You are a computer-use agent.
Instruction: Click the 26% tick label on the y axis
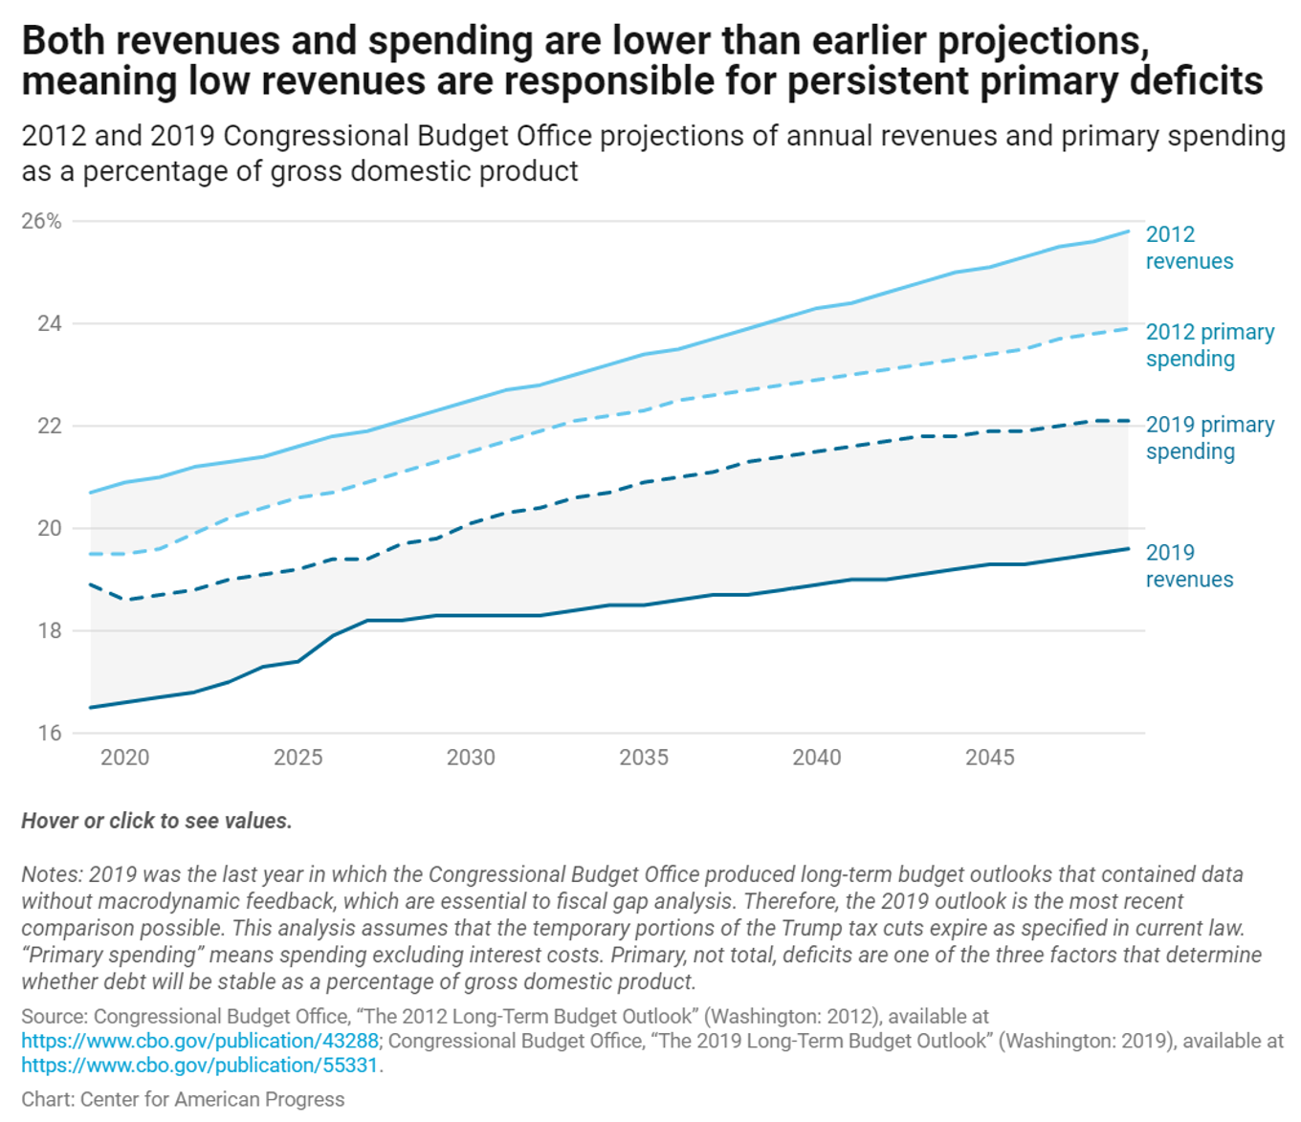[41, 221]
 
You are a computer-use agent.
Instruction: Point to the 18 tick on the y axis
[49, 630]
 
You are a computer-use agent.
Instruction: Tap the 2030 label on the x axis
[471, 758]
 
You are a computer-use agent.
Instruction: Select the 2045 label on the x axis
[989, 758]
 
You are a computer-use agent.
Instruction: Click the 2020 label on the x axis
[124, 758]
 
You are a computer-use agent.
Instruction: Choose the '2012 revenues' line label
[1189, 248]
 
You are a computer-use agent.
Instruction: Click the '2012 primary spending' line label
[1210, 345]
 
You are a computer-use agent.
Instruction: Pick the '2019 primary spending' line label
[1210, 437]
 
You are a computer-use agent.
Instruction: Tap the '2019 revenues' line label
[1189, 565]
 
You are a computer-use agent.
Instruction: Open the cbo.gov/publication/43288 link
[200, 1041]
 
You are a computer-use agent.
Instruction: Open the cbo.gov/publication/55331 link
[200, 1066]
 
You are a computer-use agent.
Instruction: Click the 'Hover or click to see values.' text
[157, 821]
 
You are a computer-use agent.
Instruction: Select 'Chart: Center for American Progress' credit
[183, 1099]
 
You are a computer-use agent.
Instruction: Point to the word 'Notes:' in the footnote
[52, 874]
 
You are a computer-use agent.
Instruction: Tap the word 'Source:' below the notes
[55, 1016]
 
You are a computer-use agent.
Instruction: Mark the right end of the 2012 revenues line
[1129, 231]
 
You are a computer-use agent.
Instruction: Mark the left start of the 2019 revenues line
[90, 708]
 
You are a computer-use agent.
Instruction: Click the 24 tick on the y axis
[49, 323]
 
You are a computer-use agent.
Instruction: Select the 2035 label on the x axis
[644, 758]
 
